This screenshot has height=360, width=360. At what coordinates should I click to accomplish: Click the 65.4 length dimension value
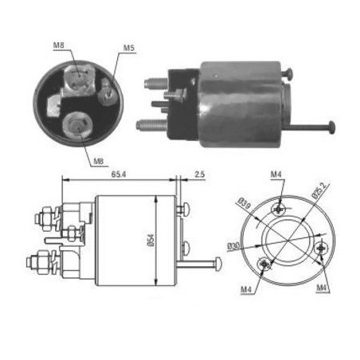[119, 174]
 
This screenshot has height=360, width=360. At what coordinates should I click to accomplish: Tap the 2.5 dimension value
[200, 174]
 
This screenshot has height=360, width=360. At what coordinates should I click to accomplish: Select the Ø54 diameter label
[151, 240]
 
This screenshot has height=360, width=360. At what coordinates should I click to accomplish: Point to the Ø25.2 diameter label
[321, 191]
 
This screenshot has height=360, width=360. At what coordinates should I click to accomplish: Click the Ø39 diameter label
[244, 203]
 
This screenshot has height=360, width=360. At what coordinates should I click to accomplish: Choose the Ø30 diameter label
[233, 246]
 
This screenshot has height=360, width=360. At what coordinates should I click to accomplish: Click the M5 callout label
[129, 49]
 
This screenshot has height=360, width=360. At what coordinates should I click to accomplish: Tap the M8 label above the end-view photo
[58, 45]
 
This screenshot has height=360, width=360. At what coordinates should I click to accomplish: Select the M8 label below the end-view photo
[99, 161]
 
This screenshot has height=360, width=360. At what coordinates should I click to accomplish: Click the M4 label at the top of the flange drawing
[276, 174]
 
